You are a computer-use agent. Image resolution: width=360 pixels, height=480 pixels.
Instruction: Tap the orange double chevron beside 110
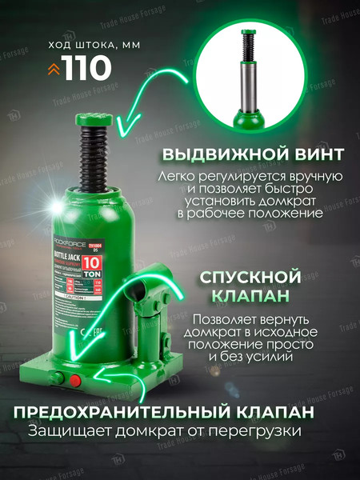click(54, 70)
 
